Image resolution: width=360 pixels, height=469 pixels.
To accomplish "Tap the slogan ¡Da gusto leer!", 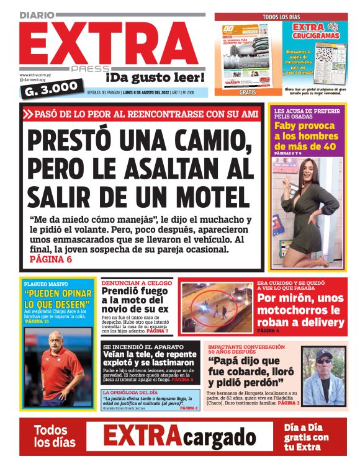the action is point(155,78).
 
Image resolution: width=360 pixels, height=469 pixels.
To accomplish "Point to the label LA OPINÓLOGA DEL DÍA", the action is point(131,393).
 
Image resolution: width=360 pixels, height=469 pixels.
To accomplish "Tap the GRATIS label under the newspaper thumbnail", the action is point(248,92).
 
